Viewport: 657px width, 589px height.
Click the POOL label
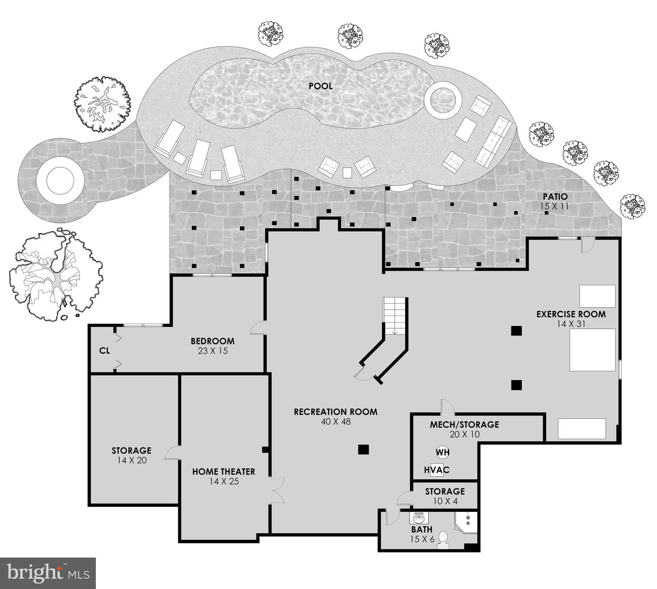tap(320, 86)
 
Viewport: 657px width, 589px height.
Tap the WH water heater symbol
tap(442, 452)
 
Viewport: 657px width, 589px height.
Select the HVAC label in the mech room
tap(437, 470)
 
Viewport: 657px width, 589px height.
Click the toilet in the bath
tap(443, 538)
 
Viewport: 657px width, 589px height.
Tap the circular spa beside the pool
tap(442, 102)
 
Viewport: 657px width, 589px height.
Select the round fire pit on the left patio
tap(60, 181)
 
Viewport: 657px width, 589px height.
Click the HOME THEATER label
tap(223, 472)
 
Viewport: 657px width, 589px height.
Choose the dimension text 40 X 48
tap(336, 422)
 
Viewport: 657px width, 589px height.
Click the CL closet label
tap(104, 350)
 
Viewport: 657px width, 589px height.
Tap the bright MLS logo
tap(48, 573)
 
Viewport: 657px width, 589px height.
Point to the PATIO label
tap(555, 197)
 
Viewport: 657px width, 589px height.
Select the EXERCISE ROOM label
tap(571, 314)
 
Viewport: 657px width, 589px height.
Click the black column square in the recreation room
tap(363, 449)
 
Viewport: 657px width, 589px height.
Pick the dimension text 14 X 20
tap(132, 461)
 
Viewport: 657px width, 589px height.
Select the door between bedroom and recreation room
tap(258, 328)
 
